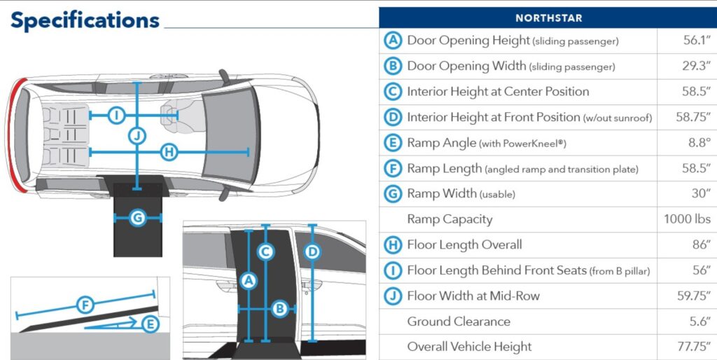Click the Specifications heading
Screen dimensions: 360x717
click(x=85, y=20)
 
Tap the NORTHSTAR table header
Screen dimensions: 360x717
click(x=548, y=18)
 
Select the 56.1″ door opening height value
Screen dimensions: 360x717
click(x=696, y=41)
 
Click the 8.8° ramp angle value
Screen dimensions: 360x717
click(x=697, y=143)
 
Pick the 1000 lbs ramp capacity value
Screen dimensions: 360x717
click(x=687, y=219)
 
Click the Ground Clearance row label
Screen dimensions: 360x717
click(x=459, y=321)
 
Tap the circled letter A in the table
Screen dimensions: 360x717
click(x=393, y=41)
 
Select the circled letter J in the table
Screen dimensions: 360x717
click(x=393, y=296)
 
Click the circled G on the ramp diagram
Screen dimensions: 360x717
click(x=138, y=219)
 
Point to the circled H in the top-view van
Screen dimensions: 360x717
click(x=168, y=151)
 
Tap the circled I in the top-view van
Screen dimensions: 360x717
click(x=117, y=115)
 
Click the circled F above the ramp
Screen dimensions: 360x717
click(x=85, y=305)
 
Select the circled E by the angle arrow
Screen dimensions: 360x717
click(x=150, y=324)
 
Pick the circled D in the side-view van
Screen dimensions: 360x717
click(x=313, y=251)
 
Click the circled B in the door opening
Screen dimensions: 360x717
click(x=279, y=307)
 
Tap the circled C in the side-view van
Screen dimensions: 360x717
click(x=265, y=252)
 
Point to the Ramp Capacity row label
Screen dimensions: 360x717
click(x=450, y=219)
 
